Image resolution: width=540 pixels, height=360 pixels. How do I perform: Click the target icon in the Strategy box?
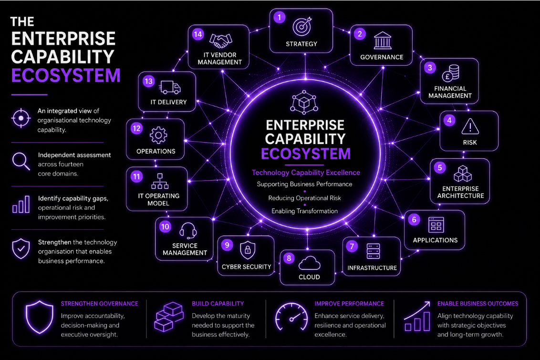coord(302,26)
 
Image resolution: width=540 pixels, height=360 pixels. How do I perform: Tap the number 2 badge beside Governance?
coord(360,34)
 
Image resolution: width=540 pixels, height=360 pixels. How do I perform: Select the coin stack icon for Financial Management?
coord(450,73)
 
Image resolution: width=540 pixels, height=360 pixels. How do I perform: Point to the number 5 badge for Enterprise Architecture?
coord(440,168)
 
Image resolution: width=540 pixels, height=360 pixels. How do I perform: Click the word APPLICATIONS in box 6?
coord(436,240)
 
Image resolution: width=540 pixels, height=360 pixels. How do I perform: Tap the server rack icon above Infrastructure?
coord(373,251)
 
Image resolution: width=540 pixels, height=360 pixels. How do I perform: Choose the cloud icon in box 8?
coord(309,263)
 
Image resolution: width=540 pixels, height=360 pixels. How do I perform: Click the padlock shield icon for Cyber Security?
coord(248,250)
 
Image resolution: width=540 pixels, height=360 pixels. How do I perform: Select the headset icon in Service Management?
coord(188,230)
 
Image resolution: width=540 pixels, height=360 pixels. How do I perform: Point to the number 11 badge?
coord(137,177)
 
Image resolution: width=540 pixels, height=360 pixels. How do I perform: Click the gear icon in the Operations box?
coord(158,135)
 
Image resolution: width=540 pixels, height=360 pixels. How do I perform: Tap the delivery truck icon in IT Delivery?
coord(170,87)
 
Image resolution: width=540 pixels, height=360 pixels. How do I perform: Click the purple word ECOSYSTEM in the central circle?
coord(306,154)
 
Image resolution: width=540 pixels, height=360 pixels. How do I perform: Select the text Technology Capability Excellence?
coord(306,173)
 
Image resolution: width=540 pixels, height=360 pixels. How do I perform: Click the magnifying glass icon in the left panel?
coord(21,161)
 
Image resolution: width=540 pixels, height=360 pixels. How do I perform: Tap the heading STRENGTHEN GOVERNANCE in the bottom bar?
coord(100,304)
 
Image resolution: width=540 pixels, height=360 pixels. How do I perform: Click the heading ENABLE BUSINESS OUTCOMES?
coord(478,304)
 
